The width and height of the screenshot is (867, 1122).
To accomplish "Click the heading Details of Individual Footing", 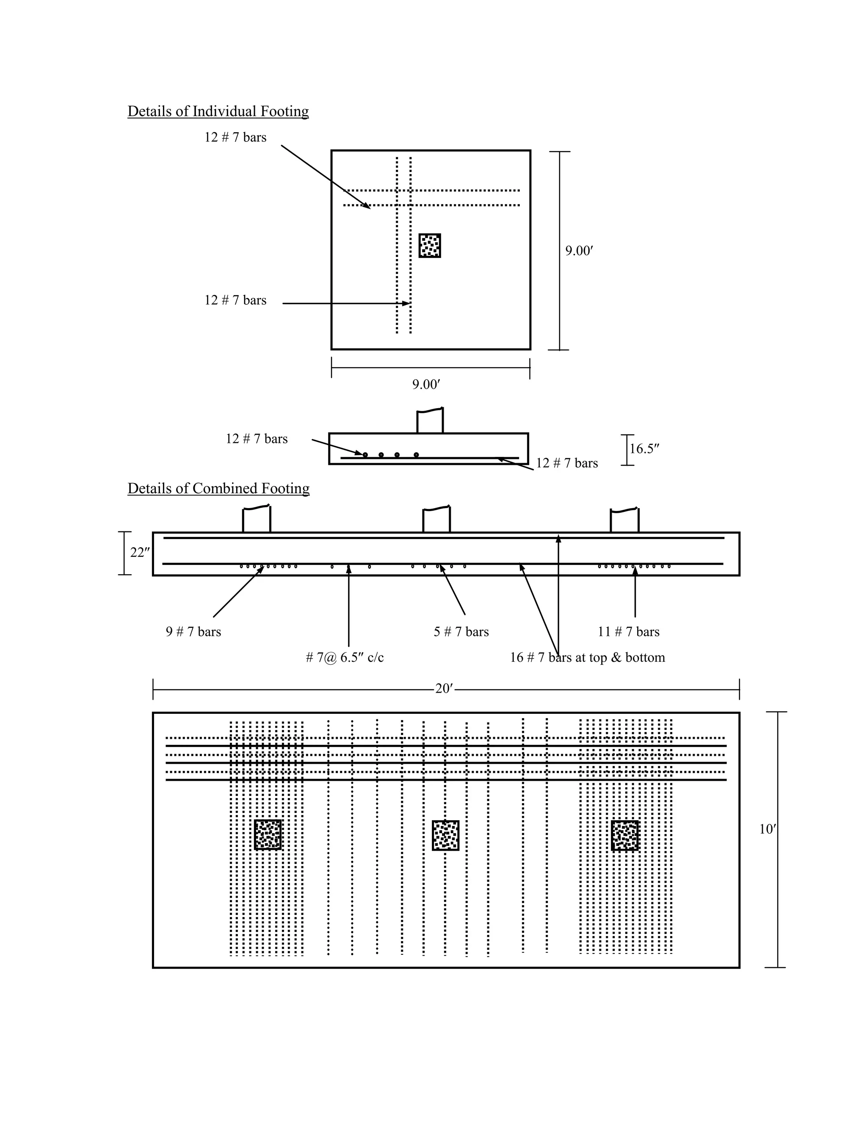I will (x=218, y=111).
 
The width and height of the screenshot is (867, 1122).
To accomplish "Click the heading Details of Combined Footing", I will (x=218, y=488).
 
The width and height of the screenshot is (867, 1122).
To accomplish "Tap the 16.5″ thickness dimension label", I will (x=644, y=449).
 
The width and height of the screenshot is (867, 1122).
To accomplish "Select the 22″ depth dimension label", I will (x=140, y=553).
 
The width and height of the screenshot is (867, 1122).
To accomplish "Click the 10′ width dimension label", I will (x=768, y=829).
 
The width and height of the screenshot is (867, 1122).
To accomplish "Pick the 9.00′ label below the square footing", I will (x=426, y=384).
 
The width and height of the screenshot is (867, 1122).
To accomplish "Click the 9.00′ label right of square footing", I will (x=579, y=251).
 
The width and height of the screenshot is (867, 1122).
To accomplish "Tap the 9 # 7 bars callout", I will (x=193, y=632).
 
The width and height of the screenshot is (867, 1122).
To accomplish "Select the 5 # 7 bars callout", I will (x=461, y=632).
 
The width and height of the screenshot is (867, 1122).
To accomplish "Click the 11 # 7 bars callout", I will (x=628, y=632).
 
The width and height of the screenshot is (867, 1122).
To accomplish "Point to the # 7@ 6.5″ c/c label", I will (x=345, y=658).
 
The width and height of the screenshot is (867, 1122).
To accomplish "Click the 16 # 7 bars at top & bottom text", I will (x=587, y=658).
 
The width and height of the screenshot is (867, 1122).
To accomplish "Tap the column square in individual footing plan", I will (x=429, y=246).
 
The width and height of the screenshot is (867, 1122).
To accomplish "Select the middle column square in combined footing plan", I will (x=445, y=835).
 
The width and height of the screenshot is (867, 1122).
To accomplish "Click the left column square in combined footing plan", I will (x=268, y=835).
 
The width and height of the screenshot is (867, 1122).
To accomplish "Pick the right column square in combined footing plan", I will (x=624, y=835).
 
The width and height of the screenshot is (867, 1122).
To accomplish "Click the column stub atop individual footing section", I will (x=429, y=421).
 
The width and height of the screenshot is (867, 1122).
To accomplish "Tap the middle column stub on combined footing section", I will (x=436, y=520).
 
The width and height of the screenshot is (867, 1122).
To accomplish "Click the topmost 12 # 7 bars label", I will (x=235, y=138).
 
